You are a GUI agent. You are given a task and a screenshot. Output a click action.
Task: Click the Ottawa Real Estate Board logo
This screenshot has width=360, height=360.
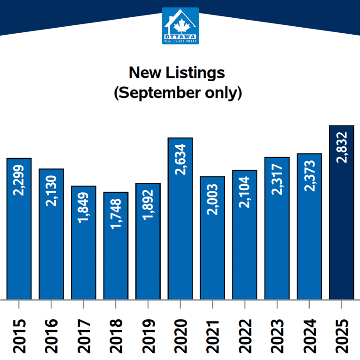(180, 26)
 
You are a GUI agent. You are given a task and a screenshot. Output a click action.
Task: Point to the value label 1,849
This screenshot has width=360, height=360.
(84, 210)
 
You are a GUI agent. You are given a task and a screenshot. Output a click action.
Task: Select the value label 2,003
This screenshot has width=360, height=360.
(213, 200)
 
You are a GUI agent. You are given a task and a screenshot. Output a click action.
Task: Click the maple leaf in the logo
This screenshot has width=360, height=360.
(180, 22)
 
